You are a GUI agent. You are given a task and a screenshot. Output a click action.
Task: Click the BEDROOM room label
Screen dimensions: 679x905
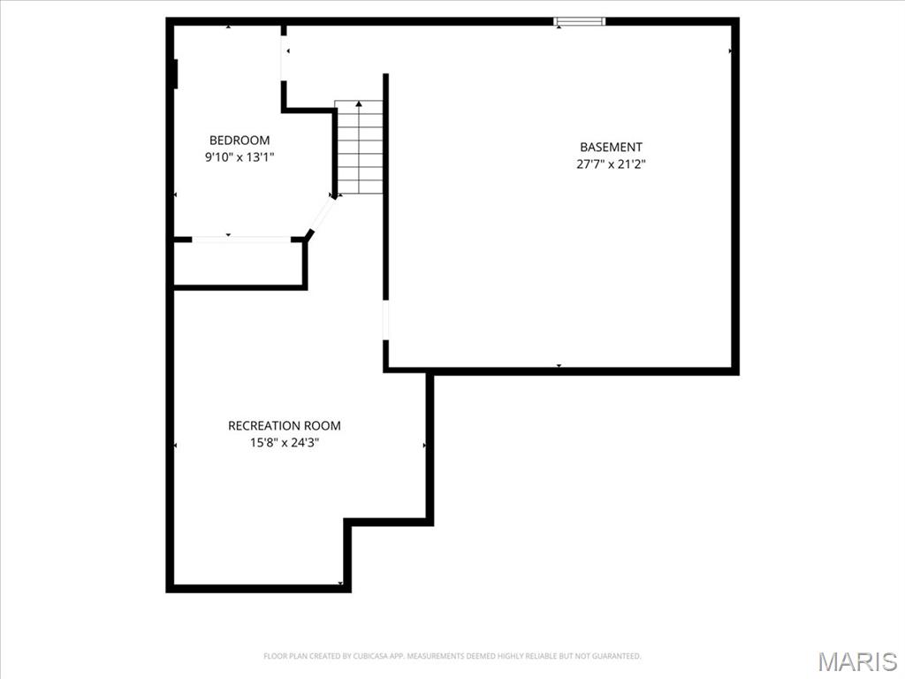coord(240,140)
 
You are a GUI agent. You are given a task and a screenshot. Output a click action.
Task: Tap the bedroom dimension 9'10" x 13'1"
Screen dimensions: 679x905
coord(240,156)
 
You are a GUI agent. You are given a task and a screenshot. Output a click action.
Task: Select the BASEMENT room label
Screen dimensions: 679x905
coord(611,147)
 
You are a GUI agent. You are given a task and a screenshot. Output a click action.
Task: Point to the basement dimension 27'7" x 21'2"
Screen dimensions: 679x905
coord(611,164)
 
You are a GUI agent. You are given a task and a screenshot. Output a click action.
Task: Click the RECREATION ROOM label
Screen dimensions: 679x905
coord(284,425)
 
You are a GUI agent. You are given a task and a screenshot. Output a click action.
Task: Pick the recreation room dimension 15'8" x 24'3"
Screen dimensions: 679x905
coord(284,442)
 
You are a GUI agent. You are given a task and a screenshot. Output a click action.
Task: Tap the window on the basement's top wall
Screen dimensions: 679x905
coord(580,21)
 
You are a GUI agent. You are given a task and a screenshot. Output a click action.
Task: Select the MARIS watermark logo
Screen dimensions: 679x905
coord(858,661)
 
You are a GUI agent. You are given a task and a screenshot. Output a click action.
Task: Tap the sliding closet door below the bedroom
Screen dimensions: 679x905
coord(241,239)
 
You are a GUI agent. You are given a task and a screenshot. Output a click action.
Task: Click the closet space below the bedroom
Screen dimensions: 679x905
coord(239,263)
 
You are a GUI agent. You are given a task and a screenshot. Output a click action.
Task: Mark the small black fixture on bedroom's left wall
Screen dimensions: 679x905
coord(177,73)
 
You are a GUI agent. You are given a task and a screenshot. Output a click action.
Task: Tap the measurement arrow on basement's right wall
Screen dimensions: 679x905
coord(731,51)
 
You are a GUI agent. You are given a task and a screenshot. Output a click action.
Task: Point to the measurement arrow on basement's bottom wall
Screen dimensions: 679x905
coord(559,365)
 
